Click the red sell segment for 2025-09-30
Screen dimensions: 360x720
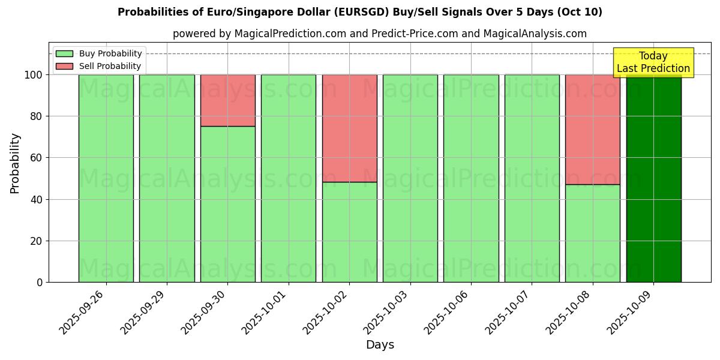click(x=228, y=100)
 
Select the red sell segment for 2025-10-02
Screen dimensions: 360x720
click(x=349, y=128)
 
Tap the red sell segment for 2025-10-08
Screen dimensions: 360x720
click(x=592, y=129)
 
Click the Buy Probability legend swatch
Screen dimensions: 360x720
click(x=64, y=54)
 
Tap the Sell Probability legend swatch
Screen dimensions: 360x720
click(x=64, y=67)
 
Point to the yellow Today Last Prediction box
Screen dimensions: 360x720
click(x=653, y=62)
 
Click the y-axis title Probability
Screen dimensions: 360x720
click(x=15, y=163)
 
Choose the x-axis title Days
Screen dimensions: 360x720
click(x=380, y=345)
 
